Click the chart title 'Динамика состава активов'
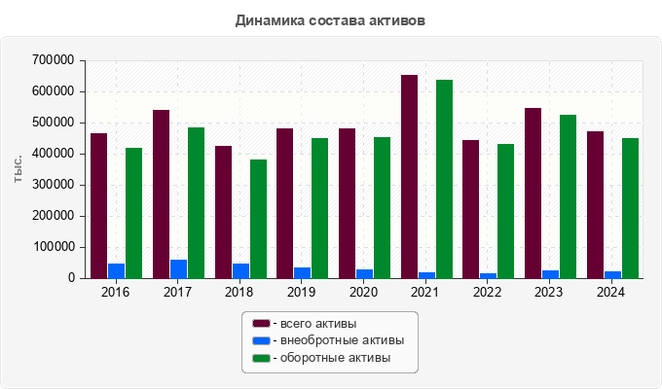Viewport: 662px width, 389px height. [330, 19]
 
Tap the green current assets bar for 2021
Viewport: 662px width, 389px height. [444, 179]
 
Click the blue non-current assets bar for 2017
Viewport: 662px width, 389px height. [178, 268]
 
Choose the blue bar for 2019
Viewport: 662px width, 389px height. [302, 272]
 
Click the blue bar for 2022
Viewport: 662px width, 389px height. [488, 275]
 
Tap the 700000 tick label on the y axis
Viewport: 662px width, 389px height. [53, 60]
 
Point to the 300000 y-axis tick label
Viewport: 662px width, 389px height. [53, 185]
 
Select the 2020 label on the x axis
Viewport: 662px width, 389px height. [363, 292]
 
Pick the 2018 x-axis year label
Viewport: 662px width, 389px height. [239, 292]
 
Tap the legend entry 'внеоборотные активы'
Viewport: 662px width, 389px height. [337, 340]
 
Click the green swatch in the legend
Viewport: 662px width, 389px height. [261, 358]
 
